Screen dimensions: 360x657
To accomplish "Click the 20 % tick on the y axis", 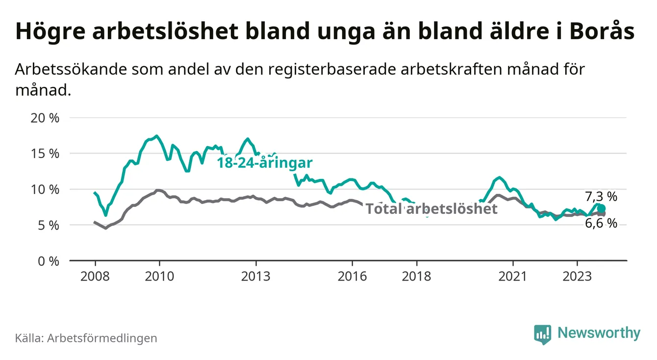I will (45, 118).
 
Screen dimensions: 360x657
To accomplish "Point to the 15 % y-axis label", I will (45, 154).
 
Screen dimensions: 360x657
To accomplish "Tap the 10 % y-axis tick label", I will (45, 189).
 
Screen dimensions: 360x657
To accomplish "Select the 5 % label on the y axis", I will (48, 225).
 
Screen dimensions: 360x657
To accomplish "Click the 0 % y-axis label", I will (48, 261).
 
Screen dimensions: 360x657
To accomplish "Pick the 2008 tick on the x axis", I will (95, 276).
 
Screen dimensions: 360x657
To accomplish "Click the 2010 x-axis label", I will (159, 276).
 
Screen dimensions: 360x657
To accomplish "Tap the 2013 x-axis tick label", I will (256, 276).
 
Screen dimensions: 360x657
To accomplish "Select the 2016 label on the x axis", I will (352, 276).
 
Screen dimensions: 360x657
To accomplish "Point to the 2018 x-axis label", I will (416, 276).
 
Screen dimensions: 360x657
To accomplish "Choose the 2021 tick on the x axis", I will (513, 276).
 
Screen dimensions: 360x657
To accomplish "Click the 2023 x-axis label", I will (577, 276).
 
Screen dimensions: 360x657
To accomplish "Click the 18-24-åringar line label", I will (265, 164).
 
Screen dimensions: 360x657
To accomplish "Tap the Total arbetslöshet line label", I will (431, 209).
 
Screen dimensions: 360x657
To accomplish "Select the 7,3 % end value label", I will (601, 197).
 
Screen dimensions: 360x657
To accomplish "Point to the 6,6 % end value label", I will (601, 224).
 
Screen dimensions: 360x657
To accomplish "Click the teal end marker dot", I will (602, 209).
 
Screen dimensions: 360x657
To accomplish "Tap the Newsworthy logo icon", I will (542, 334).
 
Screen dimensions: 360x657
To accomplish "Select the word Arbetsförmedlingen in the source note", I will (102, 338).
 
